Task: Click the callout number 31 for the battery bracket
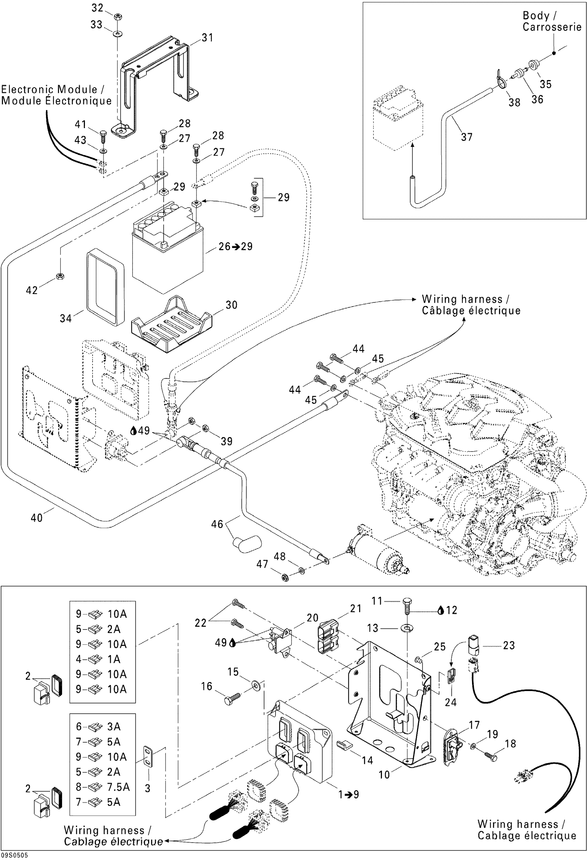[x=208, y=38]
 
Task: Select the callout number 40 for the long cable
[x=37, y=518]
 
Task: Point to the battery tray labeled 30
[x=172, y=324]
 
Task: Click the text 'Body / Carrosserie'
[x=551, y=21]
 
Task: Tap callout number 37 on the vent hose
[x=466, y=137]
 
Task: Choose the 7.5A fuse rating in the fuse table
[x=118, y=787]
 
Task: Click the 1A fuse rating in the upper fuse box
[x=114, y=659]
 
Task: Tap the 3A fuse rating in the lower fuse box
[x=114, y=726]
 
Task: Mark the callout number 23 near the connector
[x=509, y=645]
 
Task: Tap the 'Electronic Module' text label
[x=56, y=95]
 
